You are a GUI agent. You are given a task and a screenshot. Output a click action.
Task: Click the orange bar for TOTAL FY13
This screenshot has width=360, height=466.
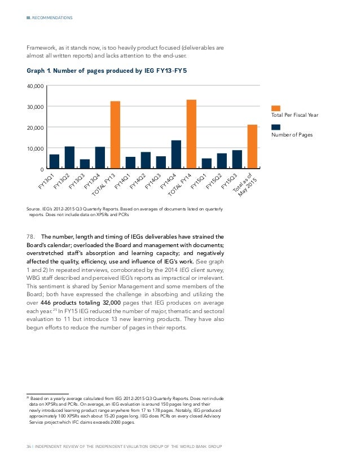click(115, 135)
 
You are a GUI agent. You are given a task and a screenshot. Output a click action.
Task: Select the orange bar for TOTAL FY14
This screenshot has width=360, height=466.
click(191, 134)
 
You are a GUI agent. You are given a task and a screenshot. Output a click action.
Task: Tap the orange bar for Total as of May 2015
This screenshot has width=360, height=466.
click(252, 147)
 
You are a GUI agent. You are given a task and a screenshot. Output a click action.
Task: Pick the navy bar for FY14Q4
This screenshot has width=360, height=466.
click(176, 155)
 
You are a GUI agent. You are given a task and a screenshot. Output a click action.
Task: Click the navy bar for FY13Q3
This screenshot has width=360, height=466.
click(85, 164)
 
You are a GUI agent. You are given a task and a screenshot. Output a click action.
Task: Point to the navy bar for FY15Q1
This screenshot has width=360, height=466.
click(207, 164)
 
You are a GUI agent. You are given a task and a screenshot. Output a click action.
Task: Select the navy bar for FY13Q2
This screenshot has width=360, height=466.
click(69, 157)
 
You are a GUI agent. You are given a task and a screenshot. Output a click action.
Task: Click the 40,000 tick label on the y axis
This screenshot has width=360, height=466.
click(36, 86)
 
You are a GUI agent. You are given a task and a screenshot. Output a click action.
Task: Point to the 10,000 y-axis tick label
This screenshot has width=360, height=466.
click(36, 148)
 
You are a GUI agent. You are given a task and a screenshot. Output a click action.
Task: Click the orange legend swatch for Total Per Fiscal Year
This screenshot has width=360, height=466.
click(276, 108)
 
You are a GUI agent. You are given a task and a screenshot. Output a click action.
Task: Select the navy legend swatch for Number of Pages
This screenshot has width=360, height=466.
click(276, 127)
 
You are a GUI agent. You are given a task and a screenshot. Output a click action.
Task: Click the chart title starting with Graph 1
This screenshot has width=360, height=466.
click(107, 71)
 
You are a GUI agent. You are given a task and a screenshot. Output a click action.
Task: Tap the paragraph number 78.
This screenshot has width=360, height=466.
click(30, 237)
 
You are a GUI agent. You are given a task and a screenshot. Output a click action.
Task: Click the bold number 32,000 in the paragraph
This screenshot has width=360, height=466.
click(110, 303)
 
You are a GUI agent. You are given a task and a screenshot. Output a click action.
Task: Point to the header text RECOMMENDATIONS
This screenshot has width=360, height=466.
click(52, 18)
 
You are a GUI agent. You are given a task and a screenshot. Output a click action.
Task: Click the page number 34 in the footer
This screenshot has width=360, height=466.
click(29, 446)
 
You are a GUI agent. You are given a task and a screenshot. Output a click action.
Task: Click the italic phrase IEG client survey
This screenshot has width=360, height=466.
click(201, 270)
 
